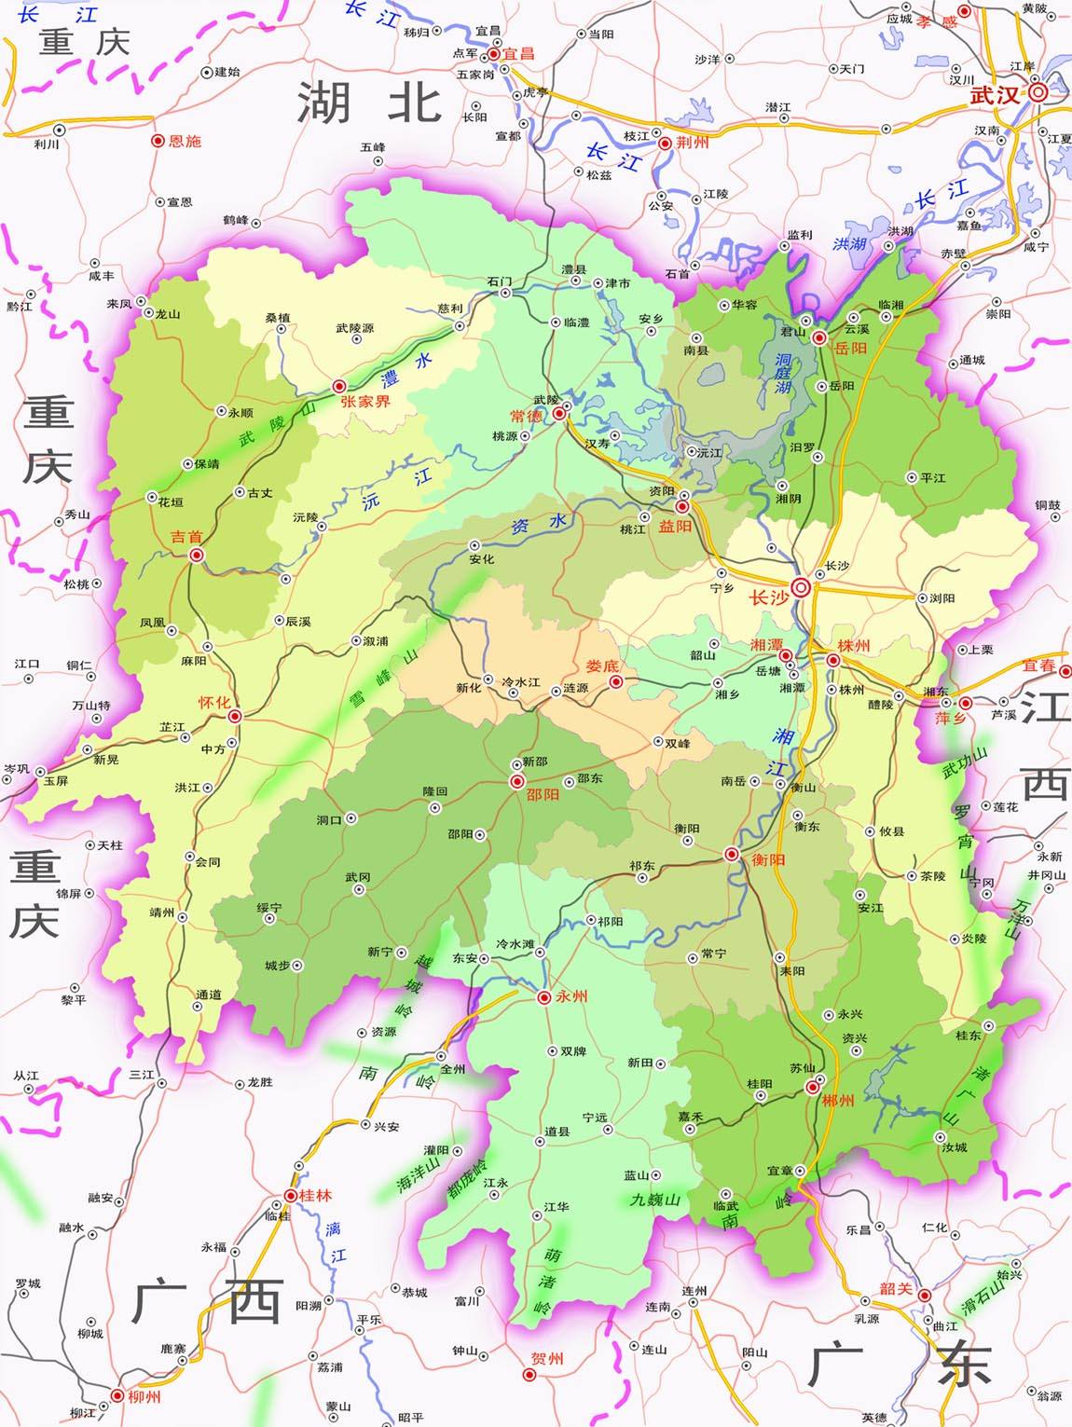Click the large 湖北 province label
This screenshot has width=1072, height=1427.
point(369,102)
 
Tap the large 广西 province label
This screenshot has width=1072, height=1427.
point(207,1302)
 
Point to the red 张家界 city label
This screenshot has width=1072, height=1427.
point(365,402)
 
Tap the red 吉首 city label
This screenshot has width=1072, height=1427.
point(186,537)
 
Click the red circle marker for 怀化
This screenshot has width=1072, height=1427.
point(235,716)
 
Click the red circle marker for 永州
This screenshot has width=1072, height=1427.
point(543,997)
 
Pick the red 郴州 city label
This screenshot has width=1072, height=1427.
point(838,1101)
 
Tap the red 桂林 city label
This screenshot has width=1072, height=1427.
point(315,1195)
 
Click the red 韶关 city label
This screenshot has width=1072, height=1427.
point(895,1288)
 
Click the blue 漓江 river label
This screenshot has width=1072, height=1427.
point(335,1242)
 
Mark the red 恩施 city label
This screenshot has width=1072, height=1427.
point(185,141)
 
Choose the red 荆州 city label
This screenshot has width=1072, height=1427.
point(693,143)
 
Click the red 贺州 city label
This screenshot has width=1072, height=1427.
point(547,1358)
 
